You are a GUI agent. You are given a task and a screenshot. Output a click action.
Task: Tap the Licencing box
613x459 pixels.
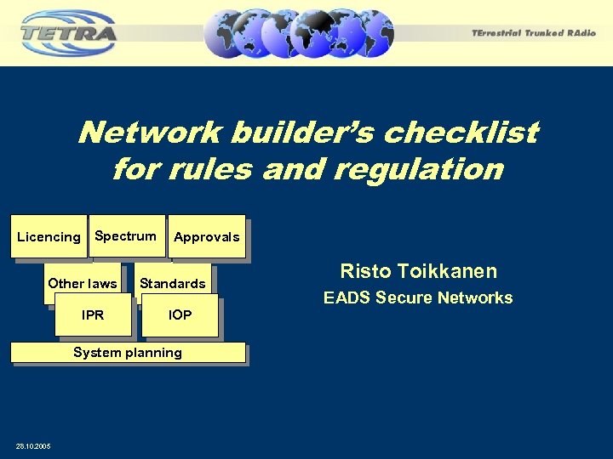[49, 237]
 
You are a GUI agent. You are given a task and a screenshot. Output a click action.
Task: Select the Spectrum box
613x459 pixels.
[126, 235]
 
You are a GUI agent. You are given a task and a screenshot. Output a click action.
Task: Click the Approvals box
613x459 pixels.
[207, 237]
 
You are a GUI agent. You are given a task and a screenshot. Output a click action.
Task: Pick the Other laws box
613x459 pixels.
[83, 284]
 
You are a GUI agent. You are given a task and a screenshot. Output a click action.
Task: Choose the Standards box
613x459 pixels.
[173, 284]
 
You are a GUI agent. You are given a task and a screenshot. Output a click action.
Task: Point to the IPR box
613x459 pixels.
[93, 315]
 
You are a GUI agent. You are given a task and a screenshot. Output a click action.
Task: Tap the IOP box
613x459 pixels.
[180, 315]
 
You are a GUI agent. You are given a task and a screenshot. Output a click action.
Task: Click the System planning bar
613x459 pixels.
[128, 353]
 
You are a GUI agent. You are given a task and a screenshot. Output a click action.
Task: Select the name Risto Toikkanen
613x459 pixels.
[418, 272]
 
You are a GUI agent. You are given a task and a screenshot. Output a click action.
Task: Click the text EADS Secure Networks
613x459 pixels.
[418, 298]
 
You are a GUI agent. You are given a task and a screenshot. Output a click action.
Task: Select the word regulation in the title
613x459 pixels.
[418, 169]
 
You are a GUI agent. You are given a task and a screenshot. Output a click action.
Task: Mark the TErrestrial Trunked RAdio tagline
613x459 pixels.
[534, 33]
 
